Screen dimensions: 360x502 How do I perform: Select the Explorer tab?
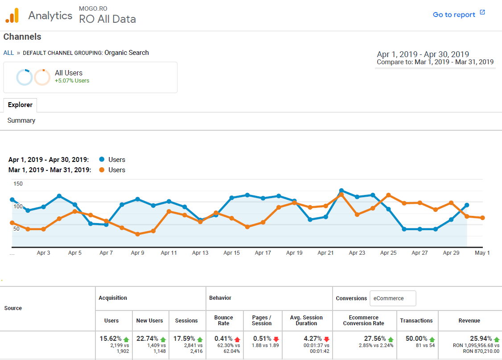tap(20, 105)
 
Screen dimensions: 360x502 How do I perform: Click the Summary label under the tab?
tap(21, 120)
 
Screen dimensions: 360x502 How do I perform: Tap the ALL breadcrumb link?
tap(8, 53)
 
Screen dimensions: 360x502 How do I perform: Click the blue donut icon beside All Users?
tap(24, 77)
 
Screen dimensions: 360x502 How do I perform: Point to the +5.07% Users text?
tap(72, 81)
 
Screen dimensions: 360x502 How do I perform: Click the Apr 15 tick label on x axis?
tap(231, 253)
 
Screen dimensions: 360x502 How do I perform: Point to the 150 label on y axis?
tap(18, 184)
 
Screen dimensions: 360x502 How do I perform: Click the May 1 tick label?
tap(482, 253)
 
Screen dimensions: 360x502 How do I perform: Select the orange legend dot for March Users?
tap(102, 170)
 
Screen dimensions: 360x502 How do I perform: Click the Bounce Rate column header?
tap(224, 320)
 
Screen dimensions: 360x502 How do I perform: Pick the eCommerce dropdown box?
tap(393, 298)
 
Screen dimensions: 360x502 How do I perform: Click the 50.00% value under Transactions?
tap(416, 339)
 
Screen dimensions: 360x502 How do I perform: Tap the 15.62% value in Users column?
tap(110, 339)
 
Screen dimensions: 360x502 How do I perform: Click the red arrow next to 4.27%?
tap(326, 339)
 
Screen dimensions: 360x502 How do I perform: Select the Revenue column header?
tap(469, 320)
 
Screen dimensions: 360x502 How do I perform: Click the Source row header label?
tap(13, 308)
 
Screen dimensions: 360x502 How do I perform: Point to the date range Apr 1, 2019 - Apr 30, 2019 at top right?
tap(423, 54)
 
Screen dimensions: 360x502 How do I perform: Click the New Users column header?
tap(150, 320)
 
